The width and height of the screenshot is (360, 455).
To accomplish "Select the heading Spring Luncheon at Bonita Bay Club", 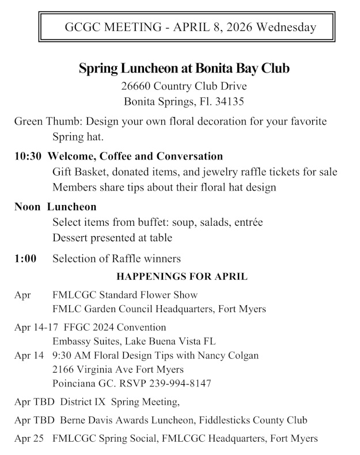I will click(x=184, y=69).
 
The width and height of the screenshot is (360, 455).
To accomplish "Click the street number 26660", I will click(x=137, y=87).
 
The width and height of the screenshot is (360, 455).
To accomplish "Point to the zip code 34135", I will click(x=230, y=102).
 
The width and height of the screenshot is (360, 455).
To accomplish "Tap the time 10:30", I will click(x=28, y=156).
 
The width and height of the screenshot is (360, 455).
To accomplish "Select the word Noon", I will click(x=28, y=206).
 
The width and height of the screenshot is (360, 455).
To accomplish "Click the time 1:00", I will click(x=25, y=259).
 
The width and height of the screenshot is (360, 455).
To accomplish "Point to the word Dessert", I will click(x=71, y=237).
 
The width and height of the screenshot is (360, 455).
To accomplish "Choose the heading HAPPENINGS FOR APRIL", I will click(x=182, y=276).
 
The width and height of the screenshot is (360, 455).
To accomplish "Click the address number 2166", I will click(x=64, y=369).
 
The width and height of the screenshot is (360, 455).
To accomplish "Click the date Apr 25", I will click(x=29, y=438).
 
